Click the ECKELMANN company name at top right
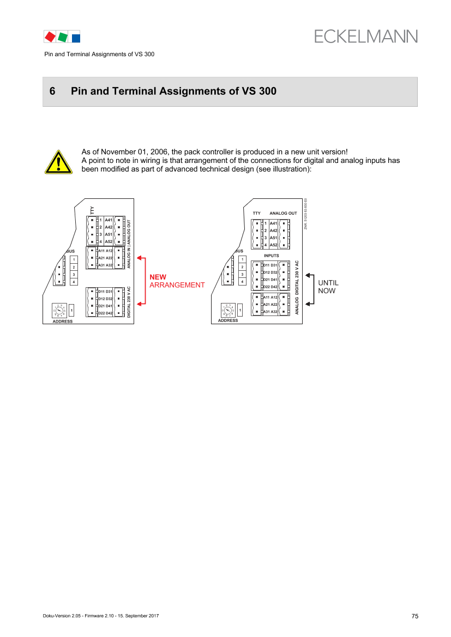[365, 37]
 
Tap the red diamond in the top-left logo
[50, 37]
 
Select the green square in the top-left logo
[63, 37]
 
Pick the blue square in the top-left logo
[76, 38]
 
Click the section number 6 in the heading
[52, 92]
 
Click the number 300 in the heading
[267, 92]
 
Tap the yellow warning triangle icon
[58, 162]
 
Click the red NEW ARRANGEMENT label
[177, 281]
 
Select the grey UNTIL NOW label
[328, 287]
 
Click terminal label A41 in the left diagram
[109, 220]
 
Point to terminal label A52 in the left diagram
[109, 241]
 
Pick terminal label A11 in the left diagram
[101, 251]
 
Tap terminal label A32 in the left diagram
[109, 265]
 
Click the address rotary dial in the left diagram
[58, 311]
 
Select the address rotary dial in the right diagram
[227, 311]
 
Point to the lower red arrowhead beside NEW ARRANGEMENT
[139, 304]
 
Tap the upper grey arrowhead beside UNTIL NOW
[309, 276]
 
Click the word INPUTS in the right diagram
[271, 254]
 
